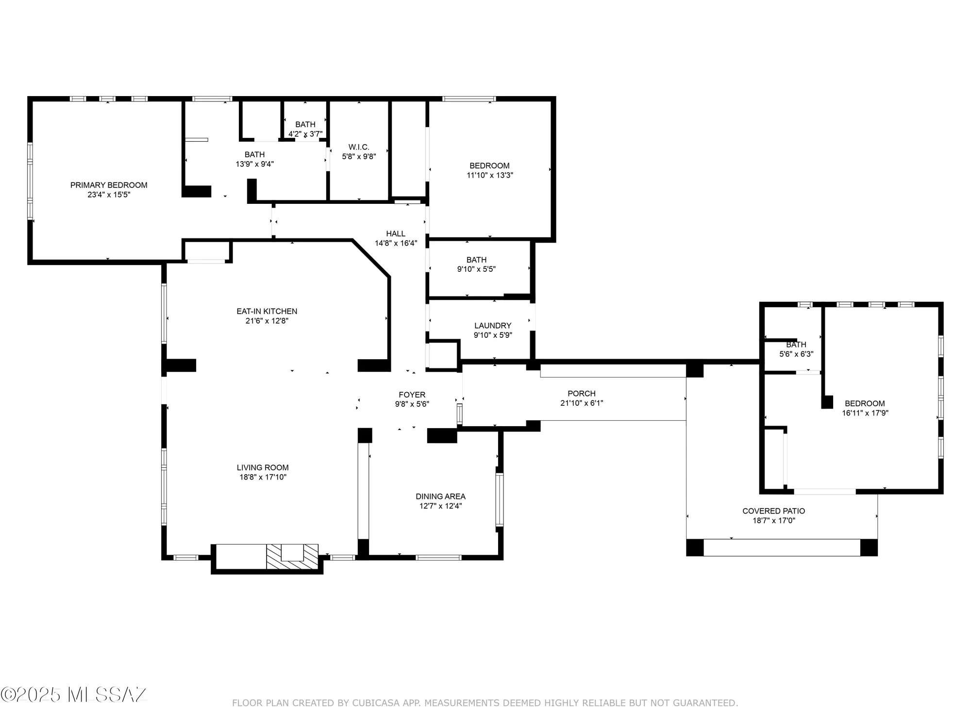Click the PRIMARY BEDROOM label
pyautogui.click(x=109, y=185)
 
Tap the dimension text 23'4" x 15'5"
pyautogui.click(x=109, y=195)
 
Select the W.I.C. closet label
pyautogui.click(x=359, y=147)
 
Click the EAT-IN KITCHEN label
pyautogui.click(x=267, y=311)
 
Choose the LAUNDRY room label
pyautogui.click(x=492, y=325)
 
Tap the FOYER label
pyautogui.click(x=412, y=395)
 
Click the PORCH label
pyautogui.click(x=581, y=393)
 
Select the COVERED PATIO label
pyautogui.click(x=773, y=511)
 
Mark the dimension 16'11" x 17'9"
pyautogui.click(x=865, y=413)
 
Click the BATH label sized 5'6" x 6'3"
pyautogui.click(x=796, y=345)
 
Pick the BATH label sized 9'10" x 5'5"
pyautogui.click(x=476, y=260)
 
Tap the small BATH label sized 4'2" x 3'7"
pyautogui.click(x=305, y=125)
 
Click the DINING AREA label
pyautogui.click(x=440, y=496)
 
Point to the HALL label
pyautogui.click(x=396, y=233)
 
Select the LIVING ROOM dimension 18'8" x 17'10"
pyautogui.click(x=263, y=477)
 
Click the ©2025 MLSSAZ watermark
pyautogui.click(x=74, y=695)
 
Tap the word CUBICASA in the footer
pyautogui.click(x=376, y=703)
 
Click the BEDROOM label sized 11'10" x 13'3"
pyautogui.click(x=489, y=165)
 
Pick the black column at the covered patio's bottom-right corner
pyautogui.click(x=869, y=547)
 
